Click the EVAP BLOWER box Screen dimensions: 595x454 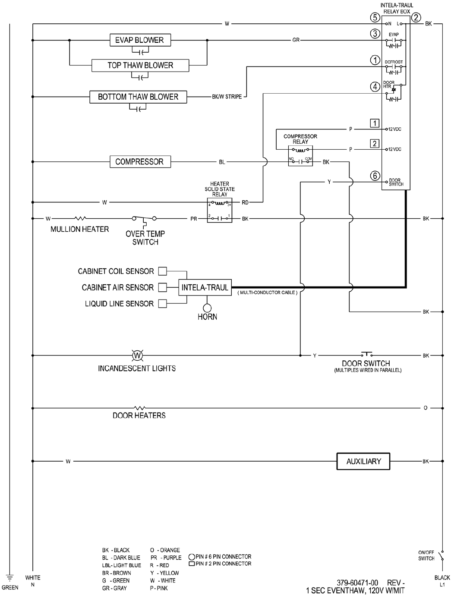point(140,40)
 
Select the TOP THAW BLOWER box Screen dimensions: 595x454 point(140,65)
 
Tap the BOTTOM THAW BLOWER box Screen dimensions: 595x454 point(138,97)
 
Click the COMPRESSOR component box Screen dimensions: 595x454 point(139,162)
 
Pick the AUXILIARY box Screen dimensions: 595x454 point(363,461)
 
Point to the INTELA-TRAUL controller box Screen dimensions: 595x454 point(205,287)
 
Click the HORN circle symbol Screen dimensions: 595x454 point(207,308)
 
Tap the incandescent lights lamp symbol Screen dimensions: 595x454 point(137,356)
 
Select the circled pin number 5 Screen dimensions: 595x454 point(375,18)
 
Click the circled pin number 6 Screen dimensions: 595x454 point(375,176)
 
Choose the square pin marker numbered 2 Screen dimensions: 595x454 point(375,144)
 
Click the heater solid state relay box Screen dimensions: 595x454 point(219,210)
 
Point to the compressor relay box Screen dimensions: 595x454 point(300,155)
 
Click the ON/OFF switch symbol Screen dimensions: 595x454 point(441,555)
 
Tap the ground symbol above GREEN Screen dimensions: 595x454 point(9,577)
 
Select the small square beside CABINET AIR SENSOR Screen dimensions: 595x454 point(163,287)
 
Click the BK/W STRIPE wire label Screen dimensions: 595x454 point(227,97)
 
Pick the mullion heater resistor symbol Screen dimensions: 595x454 point(81,219)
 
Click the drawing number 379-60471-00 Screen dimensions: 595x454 point(357,582)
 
